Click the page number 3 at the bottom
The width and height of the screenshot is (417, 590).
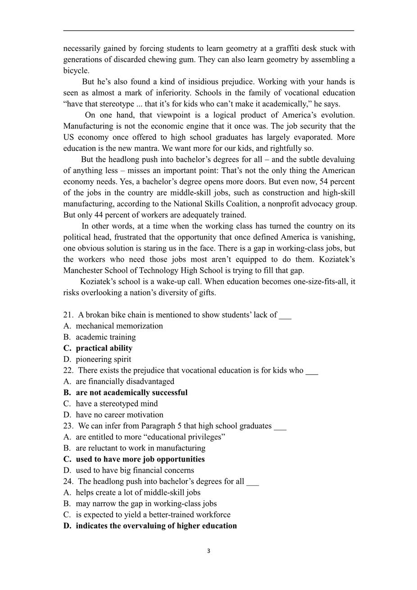click(208, 551)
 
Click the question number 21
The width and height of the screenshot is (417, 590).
click(68, 315)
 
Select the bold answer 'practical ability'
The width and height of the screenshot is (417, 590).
click(104, 348)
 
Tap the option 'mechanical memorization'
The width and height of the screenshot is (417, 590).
click(119, 326)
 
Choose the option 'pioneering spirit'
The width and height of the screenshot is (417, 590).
click(104, 359)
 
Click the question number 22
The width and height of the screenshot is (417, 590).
click(68, 370)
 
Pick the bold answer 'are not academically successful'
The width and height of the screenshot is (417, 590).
click(131, 393)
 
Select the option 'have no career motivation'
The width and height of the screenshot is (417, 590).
click(119, 415)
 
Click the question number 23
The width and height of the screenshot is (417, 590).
click(68, 426)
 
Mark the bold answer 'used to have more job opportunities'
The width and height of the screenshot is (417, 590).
click(140, 459)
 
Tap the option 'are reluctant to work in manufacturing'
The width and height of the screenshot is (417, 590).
click(141, 448)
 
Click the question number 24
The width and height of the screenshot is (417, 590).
click(68, 481)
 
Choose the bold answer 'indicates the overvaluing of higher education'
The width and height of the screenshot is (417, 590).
click(156, 526)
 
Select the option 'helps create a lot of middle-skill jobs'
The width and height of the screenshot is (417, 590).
click(138, 493)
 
